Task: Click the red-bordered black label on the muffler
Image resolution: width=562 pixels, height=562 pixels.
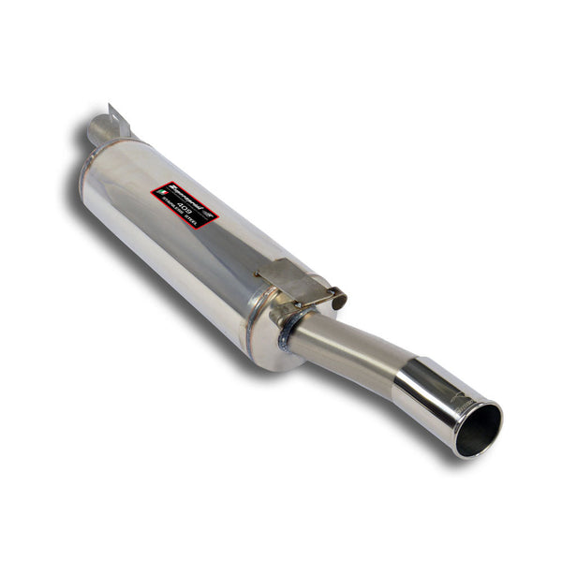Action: tap(185, 204)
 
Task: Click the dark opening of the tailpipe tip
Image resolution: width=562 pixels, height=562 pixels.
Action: tap(479, 430)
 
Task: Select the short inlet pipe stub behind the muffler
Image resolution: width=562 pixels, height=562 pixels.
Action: tap(99, 131)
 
